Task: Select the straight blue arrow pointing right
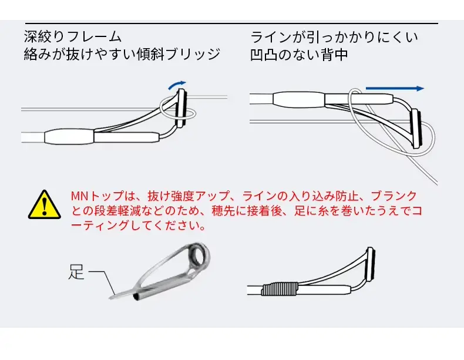coord(394,89)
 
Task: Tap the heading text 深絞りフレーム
coord(73,37)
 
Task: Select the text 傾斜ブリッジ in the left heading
coord(185,55)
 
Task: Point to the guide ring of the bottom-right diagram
coord(371,263)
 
